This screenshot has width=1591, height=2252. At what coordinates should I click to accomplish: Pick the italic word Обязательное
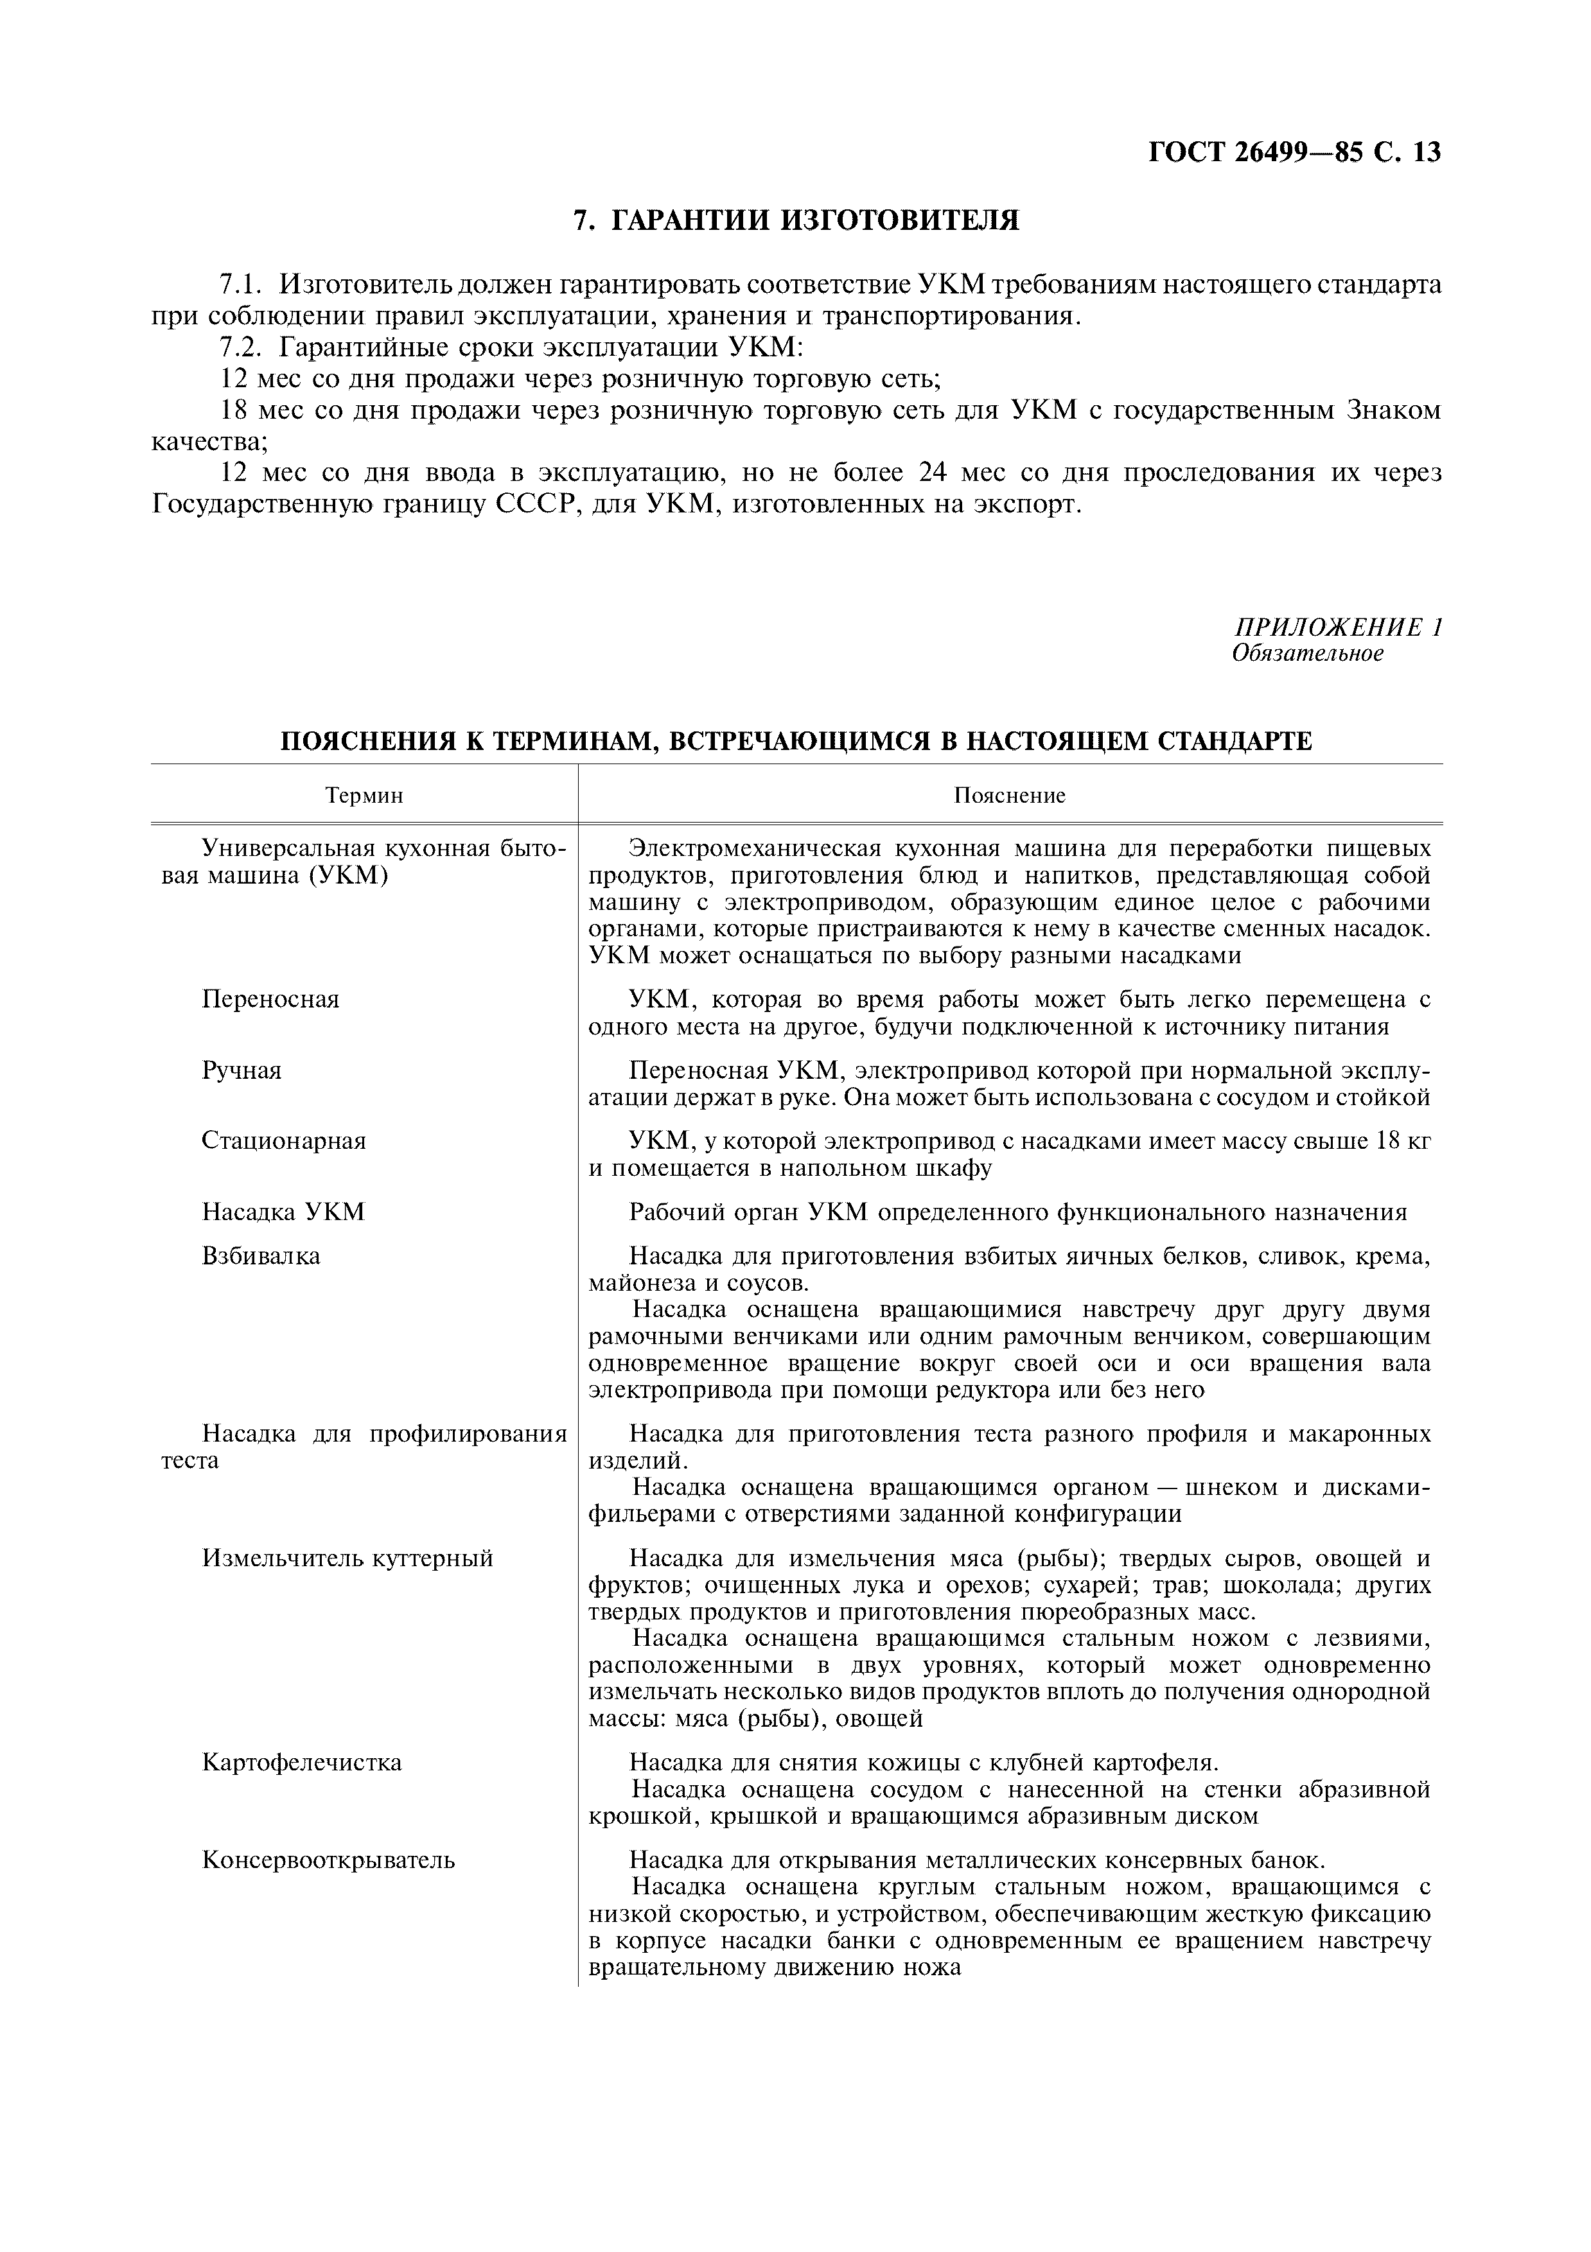1308,653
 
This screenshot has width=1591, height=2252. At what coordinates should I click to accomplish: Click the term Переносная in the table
270,999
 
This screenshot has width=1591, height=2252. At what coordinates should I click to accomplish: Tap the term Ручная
242,1070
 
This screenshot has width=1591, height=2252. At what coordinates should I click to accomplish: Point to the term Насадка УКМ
283,1212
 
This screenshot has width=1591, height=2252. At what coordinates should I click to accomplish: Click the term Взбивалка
261,1257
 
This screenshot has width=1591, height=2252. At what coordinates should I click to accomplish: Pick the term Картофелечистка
302,1763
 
